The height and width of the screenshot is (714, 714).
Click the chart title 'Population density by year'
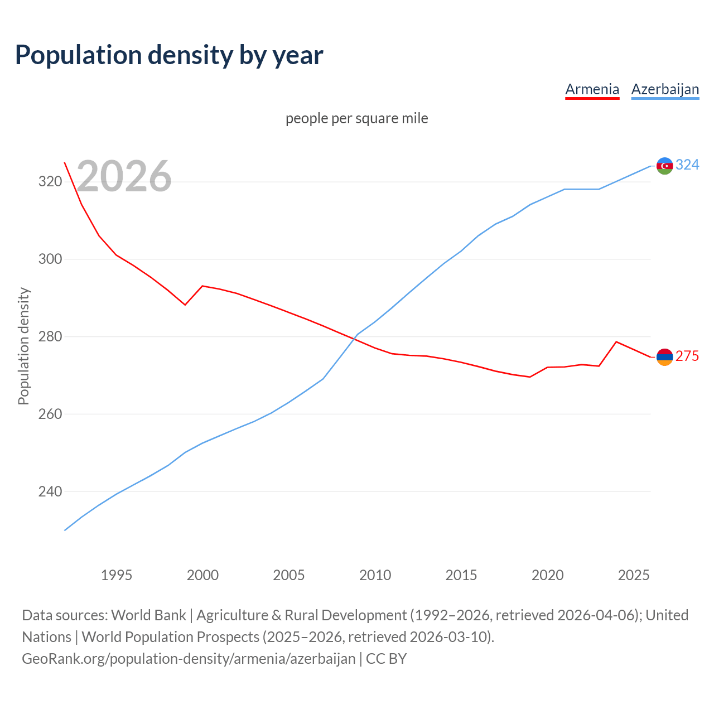tap(169, 55)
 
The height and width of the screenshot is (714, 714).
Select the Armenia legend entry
tap(592, 89)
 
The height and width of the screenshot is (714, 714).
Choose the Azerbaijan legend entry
tap(665, 89)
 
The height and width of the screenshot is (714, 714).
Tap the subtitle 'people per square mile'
tap(356, 118)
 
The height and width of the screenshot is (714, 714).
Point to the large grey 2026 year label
tap(124, 176)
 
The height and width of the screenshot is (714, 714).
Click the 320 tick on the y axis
tap(50, 181)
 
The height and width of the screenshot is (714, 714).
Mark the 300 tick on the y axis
tap(50, 259)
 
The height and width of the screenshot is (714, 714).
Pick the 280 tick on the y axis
tap(50, 336)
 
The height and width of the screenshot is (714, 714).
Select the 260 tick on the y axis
tap(50, 414)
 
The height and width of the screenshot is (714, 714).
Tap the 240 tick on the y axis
tap(50, 491)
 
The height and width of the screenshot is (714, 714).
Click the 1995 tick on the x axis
tap(116, 575)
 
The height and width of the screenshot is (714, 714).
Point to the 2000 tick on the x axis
tap(202, 575)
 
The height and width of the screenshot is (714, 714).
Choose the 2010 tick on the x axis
tap(375, 575)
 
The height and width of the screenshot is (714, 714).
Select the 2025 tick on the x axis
tap(633, 575)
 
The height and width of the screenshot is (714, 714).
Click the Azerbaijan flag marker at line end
tap(664, 166)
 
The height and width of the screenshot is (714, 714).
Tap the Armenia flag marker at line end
tap(664, 357)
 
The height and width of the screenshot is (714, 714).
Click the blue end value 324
tap(687, 165)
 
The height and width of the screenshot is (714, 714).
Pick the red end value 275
tap(687, 356)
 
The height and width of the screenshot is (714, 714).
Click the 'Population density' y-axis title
tap(23, 346)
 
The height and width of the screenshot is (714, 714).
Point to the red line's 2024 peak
tap(616, 341)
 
